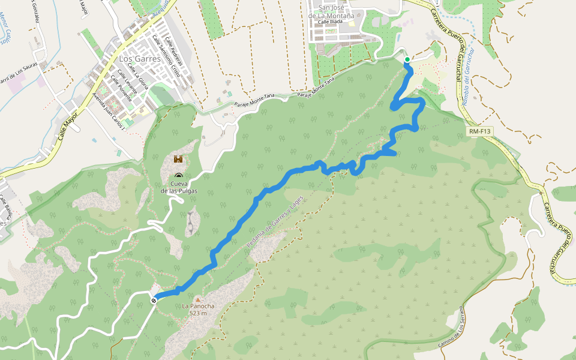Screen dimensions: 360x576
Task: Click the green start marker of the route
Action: [407, 59]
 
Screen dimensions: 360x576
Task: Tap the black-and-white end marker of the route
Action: [154, 300]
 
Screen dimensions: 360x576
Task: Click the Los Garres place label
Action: [140, 59]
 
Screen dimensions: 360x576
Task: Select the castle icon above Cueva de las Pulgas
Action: [178, 159]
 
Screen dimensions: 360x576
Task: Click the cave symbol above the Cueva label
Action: [178, 175]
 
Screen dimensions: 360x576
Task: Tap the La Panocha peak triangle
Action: [197, 298]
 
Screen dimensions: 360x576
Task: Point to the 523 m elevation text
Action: [197, 313]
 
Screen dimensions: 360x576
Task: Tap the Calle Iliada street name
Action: [331, 22]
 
